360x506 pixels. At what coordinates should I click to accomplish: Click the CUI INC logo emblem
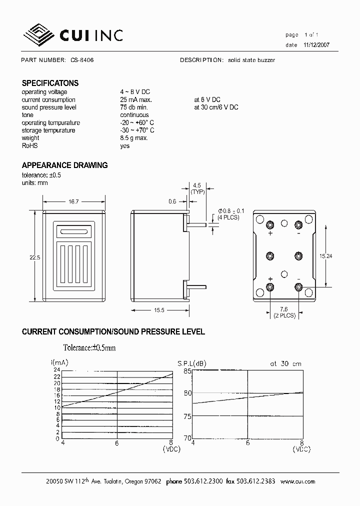tap(38, 34)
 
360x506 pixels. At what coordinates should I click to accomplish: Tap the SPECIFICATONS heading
tap(50, 83)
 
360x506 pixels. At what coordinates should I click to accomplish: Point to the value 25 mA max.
tap(135, 100)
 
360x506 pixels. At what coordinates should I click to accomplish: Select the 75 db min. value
tap(134, 107)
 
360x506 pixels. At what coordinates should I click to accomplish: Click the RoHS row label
tap(29, 145)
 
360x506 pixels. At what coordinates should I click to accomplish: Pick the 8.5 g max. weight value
tap(134, 138)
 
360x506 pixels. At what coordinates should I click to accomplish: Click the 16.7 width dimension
tap(73, 201)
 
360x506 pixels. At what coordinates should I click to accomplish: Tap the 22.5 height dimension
tap(33, 257)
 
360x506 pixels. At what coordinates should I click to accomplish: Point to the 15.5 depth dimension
tap(159, 310)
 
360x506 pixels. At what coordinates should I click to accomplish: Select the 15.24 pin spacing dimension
tap(326, 255)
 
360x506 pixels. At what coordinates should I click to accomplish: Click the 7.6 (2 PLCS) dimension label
tap(284, 312)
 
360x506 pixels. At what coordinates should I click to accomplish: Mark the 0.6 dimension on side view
tap(172, 201)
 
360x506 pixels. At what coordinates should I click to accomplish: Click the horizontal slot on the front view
tap(74, 231)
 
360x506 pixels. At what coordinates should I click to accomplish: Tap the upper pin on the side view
tap(196, 224)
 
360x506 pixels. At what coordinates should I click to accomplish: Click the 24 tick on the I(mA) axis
tap(57, 370)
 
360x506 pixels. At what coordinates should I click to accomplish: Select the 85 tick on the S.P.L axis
tap(187, 371)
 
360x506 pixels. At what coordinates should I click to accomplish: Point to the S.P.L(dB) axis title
tap(191, 363)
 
